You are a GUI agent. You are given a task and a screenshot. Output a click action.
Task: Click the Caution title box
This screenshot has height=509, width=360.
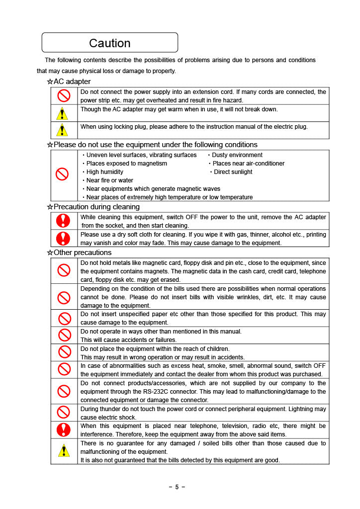109,43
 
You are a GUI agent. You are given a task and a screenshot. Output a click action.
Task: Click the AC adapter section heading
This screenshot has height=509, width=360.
72,82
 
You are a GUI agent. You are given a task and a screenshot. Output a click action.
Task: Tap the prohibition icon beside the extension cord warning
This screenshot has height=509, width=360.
63,95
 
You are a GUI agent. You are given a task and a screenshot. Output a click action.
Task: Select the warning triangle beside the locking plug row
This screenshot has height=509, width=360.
62,130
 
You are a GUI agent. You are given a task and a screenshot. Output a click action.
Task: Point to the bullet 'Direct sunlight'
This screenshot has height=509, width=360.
233,172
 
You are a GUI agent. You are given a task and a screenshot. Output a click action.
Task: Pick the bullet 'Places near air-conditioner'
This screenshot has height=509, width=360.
249,164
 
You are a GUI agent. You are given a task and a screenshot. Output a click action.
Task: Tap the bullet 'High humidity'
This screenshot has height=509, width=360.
105,172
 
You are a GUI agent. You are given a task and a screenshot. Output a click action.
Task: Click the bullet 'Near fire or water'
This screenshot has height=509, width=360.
110,180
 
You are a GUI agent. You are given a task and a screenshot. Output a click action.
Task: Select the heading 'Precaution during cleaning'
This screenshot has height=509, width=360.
96,207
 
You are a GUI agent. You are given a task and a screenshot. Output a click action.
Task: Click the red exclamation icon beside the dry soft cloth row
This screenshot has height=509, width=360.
63,239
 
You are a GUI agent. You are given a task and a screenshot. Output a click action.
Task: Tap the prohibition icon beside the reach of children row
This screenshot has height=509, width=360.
64,352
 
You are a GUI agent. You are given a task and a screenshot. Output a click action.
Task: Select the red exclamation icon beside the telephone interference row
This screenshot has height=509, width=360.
64,430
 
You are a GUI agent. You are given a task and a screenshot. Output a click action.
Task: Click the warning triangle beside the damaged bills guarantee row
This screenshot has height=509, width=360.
63,450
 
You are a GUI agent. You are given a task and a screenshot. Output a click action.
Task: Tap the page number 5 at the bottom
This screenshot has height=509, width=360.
177,487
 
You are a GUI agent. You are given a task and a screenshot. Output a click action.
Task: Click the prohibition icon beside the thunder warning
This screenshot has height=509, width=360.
64,413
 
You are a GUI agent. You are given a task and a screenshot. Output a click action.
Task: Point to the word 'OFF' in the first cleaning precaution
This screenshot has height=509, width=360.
192,217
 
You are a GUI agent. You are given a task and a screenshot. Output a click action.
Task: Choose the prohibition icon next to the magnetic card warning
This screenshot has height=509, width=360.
64,270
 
